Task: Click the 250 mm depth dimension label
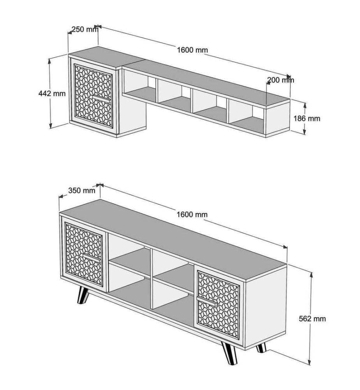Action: click(85, 29)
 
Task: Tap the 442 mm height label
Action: click(52, 94)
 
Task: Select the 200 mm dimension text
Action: click(281, 80)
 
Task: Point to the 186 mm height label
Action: click(307, 119)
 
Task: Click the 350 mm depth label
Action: click(82, 191)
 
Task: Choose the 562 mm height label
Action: click(312, 319)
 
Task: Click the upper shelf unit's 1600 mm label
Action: click(192, 50)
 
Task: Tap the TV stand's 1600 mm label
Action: click(192, 214)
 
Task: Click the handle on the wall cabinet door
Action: click(101, 98)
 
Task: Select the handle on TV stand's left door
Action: click(92, 257)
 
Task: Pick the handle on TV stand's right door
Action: click(207, 300)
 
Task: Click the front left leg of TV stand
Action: click(83, 295)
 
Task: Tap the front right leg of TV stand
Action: click(229, 353)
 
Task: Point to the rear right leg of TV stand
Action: click(261, 347)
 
